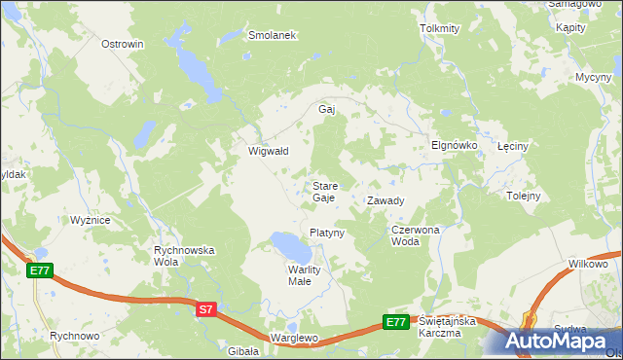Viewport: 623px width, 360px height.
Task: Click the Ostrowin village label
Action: pos(123,44)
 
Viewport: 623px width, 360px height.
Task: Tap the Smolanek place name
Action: pos(272,34)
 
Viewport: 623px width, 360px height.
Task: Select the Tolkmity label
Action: pos(439,28)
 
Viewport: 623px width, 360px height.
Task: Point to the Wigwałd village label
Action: pos(268,151)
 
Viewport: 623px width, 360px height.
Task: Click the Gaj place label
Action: pos(327,109)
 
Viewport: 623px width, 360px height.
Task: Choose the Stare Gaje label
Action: pos(324,191)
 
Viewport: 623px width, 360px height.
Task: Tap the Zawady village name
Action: pos(385,200)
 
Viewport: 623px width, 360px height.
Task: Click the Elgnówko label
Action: pos(454,144)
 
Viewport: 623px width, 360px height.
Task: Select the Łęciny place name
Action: pos(512,146)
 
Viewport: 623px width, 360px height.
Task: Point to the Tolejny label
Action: pos(524,195)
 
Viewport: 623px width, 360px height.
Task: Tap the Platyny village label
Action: pos(327,233)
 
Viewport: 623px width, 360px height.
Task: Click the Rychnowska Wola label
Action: pos(184,256)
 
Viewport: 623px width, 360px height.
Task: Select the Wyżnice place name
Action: pos(90,220)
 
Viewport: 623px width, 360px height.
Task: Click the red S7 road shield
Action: pos(204,309)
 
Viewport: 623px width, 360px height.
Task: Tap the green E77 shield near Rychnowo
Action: pos(39,270)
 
